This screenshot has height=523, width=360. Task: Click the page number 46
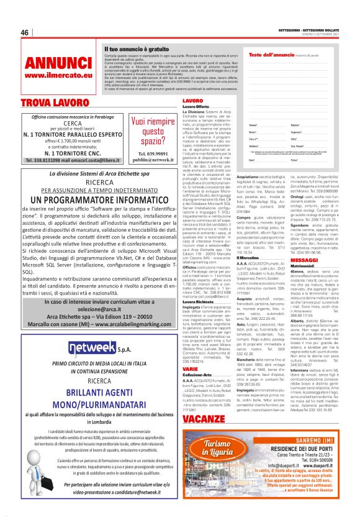coord(25,33)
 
